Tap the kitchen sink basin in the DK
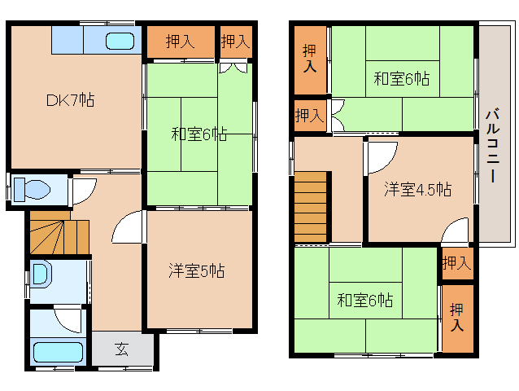click(x=120, y=41)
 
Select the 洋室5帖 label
click(x=197, y=270)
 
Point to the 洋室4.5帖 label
click(x=418, y=189)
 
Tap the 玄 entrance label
click(x=122, y=349)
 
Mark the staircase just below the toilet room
click(x=59, y=234)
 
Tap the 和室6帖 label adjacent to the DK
click(x=198, y=134)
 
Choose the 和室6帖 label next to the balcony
click(x=402, y=79)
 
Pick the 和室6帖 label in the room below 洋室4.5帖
click(x=365, y=301)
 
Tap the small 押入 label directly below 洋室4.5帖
click(x=456, y=262)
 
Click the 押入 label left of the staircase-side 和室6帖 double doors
click(x=309, y=115)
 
